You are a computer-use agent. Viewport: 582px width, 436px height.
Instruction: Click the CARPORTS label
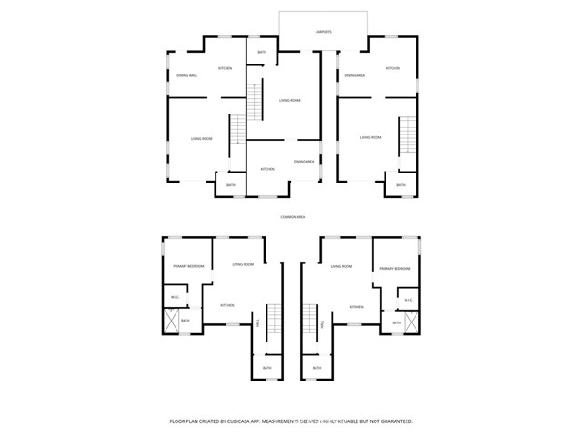(x=324, y=32)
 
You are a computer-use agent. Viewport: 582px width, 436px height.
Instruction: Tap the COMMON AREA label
(x=292, y=217)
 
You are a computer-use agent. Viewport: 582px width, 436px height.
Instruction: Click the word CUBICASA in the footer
(x=232, y=421)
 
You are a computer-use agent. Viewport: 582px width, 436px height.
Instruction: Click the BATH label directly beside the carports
(x=262, y=53)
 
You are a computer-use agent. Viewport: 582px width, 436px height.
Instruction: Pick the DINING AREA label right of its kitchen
(x=304, y=162)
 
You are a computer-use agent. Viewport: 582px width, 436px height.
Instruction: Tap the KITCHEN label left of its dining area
(x=267, y=170)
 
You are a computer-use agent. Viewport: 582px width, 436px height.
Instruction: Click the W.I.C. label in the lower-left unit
(x=175, y=298)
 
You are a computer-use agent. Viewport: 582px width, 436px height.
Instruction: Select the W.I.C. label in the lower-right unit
(x=408, y=300)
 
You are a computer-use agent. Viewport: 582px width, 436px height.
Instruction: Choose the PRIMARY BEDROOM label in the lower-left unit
(x=188, y=266)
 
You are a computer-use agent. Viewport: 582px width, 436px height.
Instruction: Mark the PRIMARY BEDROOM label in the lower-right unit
(x=395, y=269)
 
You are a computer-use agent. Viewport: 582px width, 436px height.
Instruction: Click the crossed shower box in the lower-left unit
(x=171, y=322)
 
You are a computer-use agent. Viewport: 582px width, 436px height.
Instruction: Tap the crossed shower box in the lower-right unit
(x=412, y=322)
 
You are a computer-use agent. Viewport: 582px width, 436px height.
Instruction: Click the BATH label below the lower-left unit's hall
(x=266, y=368)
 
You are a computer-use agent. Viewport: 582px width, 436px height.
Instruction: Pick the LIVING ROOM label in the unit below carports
(x=289, y=101)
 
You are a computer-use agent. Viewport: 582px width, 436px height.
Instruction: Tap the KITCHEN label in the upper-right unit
(x=393, y=68)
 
